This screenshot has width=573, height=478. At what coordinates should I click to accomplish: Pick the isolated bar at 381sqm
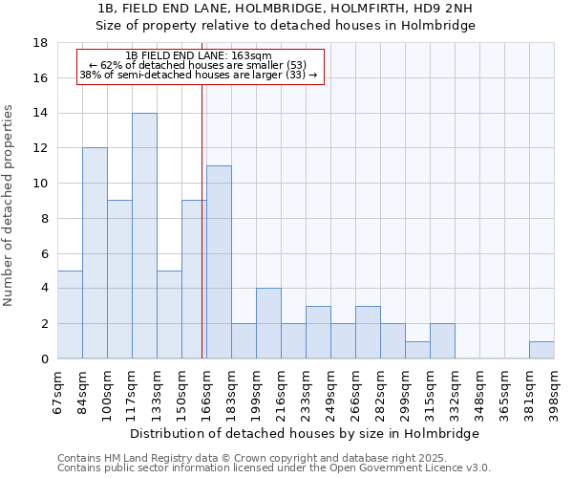tap(541, 350)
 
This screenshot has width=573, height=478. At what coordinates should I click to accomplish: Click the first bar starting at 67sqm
tap(70, 315)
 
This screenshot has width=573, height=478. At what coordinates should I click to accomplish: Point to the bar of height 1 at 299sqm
tap(417, 350)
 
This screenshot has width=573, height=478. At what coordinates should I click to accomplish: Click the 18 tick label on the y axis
tap(41, 43)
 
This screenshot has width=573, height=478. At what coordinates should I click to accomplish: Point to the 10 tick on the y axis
tap(41, 184)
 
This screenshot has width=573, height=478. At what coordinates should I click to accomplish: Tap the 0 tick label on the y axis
tap(45, 358)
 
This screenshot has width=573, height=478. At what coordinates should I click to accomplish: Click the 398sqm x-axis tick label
tap(554, 392)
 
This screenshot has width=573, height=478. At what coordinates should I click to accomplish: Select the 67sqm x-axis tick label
tap(57, 392)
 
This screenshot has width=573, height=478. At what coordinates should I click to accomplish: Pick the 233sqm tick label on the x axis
tap(306, 392)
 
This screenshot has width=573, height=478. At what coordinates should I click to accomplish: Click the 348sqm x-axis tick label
tap(479, 392)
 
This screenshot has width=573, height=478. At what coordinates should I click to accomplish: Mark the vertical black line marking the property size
tap(202, 239)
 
